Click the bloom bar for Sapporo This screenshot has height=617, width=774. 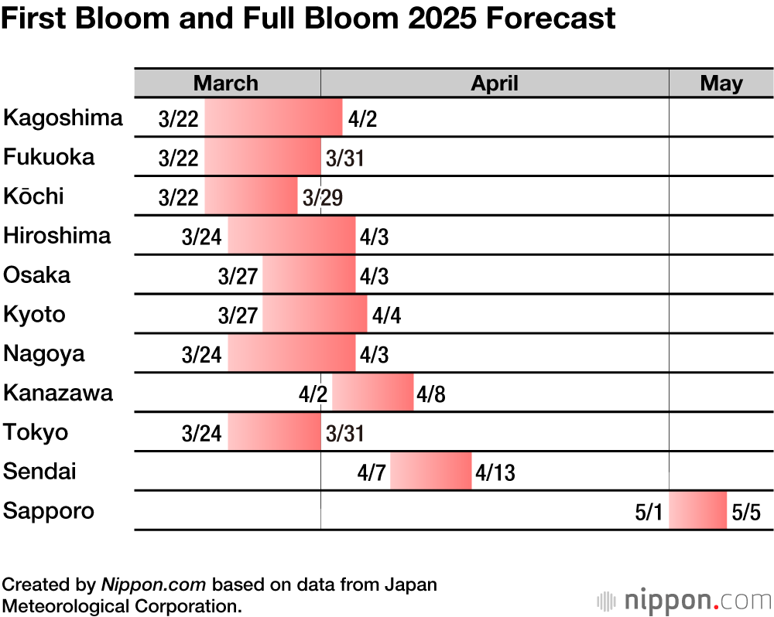(697, 510)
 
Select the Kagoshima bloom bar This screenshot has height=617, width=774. (273, 118)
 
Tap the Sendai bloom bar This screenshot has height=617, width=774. (430, 472)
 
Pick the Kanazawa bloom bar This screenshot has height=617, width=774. (372, 393)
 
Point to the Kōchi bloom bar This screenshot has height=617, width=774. (251, 196)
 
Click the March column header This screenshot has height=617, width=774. (226, 84)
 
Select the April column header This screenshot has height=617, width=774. (495, 84)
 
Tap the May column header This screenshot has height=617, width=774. (721, 84)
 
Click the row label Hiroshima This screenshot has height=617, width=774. (57, 235)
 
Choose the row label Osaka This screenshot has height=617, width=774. (37, 274)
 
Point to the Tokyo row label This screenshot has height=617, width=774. (36, 432)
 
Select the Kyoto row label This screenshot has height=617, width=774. (35, 314)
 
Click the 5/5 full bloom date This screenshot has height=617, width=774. (746, 512)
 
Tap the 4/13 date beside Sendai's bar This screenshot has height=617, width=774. (495, 472)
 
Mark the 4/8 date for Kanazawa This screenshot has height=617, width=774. (431, 394)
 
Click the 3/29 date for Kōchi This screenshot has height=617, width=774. (323, 197)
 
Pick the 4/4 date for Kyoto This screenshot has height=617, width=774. (386, 315)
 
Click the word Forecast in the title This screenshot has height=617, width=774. (550, 18)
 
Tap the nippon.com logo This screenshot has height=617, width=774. (684, 600)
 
